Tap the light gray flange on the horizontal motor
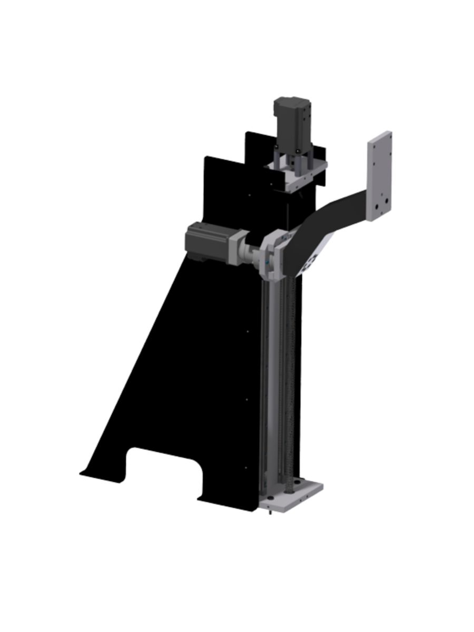[x=234, y=246]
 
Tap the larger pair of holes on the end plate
[x=383, y=202]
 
